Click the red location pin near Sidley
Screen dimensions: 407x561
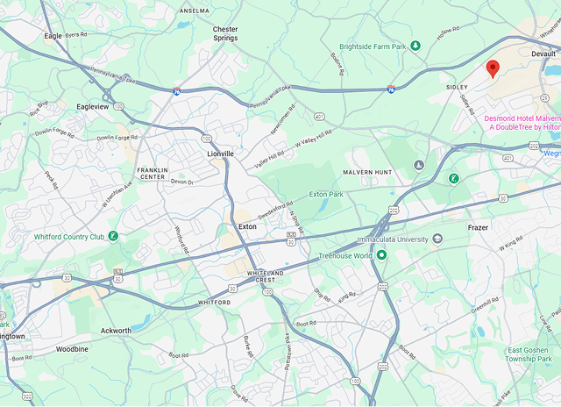493,68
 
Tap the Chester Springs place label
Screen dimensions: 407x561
225,33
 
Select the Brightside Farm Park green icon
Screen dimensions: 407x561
416,45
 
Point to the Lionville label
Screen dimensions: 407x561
220,154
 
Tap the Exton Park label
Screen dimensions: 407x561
324,193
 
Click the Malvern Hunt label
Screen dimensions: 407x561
367,173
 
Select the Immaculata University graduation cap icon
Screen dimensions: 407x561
437,239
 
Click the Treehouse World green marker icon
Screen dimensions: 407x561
381,255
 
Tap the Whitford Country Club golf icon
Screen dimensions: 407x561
112,236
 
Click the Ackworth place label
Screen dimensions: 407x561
116,331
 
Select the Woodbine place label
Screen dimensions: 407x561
72,348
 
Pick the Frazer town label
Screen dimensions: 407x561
478,226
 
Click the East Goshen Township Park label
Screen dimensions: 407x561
529,354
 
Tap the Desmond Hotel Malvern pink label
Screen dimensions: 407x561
522,123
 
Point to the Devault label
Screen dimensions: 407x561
543,54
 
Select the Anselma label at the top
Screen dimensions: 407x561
194,11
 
